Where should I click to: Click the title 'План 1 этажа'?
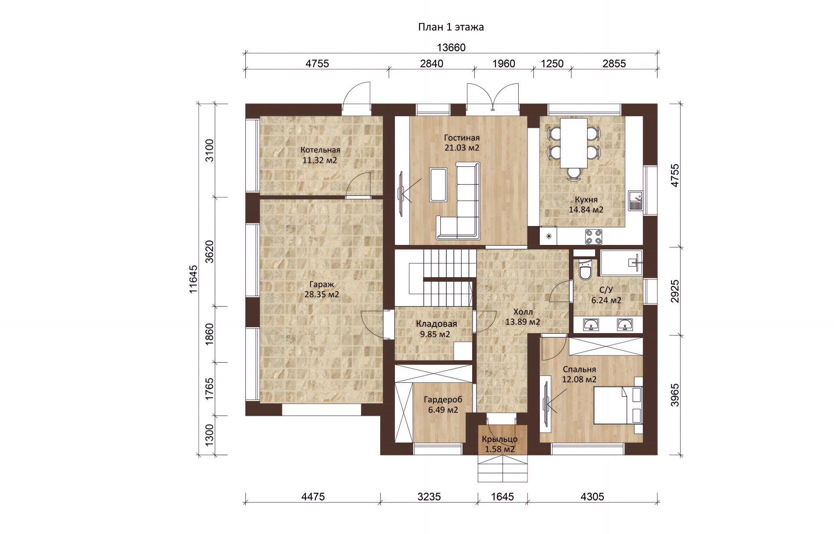(x=451, y=27)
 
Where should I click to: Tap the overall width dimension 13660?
(x=451, y=47)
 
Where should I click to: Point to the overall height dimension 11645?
(x=193, y=279)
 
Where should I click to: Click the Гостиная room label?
(x=462, y=138)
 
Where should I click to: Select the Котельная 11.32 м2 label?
(x=320, y=155)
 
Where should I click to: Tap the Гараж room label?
(x=321, y=285)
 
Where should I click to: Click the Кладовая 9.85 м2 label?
(x=436, y=329)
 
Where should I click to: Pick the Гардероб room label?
(x=443, y=400)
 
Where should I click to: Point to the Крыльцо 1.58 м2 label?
(x=500, y=444)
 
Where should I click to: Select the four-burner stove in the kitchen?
(x=593, y=237)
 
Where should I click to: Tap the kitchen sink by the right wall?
(x=635, y=201)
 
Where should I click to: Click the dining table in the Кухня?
(x=573, y=143)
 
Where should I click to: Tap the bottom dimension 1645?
(x=502, y=496)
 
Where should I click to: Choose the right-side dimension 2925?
(x=675, y=291)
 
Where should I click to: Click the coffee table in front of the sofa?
(x=438, y=185)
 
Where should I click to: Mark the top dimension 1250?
(x=552, y=63)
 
